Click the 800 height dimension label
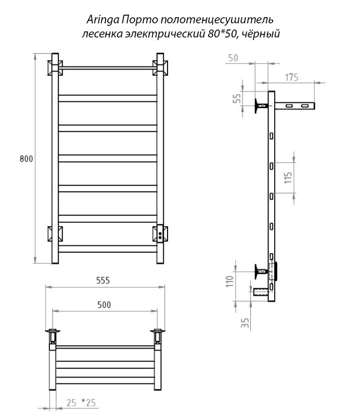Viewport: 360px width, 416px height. (x=27, y=159)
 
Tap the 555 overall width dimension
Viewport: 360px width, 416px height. (x=103, y=280)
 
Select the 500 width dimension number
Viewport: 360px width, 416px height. (x=104, y=305)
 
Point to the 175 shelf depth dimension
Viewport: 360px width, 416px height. (x=291, y=77)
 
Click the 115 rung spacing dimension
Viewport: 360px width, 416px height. (x=288, y=178)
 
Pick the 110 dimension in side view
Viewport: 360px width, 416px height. (x=229, y=281)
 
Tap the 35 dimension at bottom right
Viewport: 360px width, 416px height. (x=245, y=322)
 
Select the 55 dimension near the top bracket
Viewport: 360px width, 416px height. (x=237, y=98)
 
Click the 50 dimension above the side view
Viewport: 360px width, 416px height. (x=233, y=58)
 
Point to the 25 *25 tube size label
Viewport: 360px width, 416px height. (x=81, y=402)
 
